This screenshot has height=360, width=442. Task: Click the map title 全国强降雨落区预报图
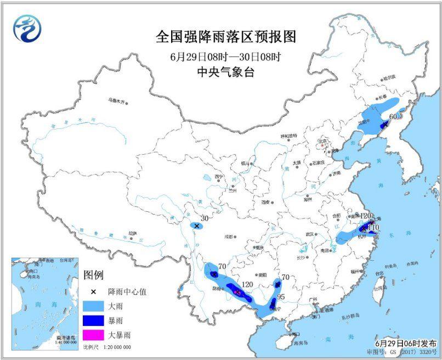(225, 37)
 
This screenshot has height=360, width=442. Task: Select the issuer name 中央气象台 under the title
(225, 72)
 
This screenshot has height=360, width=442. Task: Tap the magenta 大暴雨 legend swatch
(96, 334)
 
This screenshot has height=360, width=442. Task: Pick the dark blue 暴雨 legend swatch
(96, 319)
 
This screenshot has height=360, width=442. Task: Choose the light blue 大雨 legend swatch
(96, 306)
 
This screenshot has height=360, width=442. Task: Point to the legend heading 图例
(93, 274)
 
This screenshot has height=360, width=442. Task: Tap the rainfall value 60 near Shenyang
(393, 117)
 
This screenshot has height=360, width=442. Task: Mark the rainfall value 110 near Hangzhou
(373, 227)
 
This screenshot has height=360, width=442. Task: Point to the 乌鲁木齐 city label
(116, 100)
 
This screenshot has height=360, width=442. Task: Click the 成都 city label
(228, 237)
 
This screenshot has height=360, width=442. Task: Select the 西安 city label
(266, 202)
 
